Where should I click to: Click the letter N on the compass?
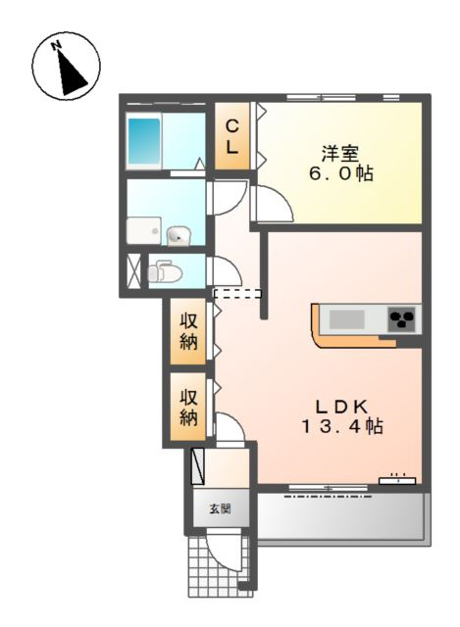(x=56, y=46)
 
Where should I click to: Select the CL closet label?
(x=232, y=137)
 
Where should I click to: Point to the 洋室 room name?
(x=340, y=154)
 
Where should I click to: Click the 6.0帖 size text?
(x=340, y=173)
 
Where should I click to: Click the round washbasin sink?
(x=179, y=235)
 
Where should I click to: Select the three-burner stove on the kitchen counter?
(x=401, y=318)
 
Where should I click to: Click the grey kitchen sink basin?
(x=346, y=319)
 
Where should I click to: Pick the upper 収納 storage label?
(x=187, y=331)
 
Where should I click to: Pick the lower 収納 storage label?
(x=188, y=408)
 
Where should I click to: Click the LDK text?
(x=341, y=408)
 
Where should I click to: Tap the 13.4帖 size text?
(x=341, y=427)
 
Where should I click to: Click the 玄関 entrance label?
(x=220, y=509)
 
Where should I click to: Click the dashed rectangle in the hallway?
(x=237, y=294)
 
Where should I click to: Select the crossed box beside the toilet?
(x=133, y=270)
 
